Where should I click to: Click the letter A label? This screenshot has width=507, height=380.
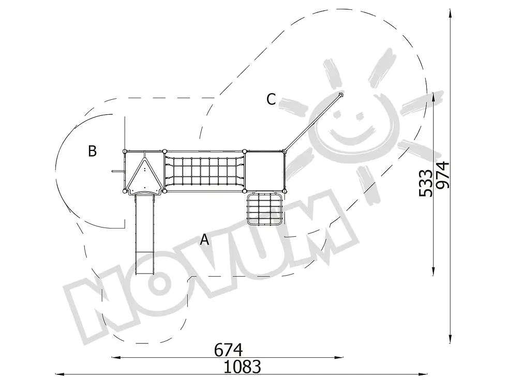point(204,240)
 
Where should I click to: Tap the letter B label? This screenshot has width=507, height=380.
point(93,151)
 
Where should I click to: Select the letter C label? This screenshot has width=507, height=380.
point(271,99)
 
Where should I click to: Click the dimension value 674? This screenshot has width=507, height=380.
point(228,350)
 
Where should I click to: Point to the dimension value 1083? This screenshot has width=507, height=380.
point(242,367)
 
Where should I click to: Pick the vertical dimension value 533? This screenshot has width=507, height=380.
point(425,183)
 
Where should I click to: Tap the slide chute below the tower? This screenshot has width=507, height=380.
point(144,234)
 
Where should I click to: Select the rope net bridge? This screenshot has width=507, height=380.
point(204,171)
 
